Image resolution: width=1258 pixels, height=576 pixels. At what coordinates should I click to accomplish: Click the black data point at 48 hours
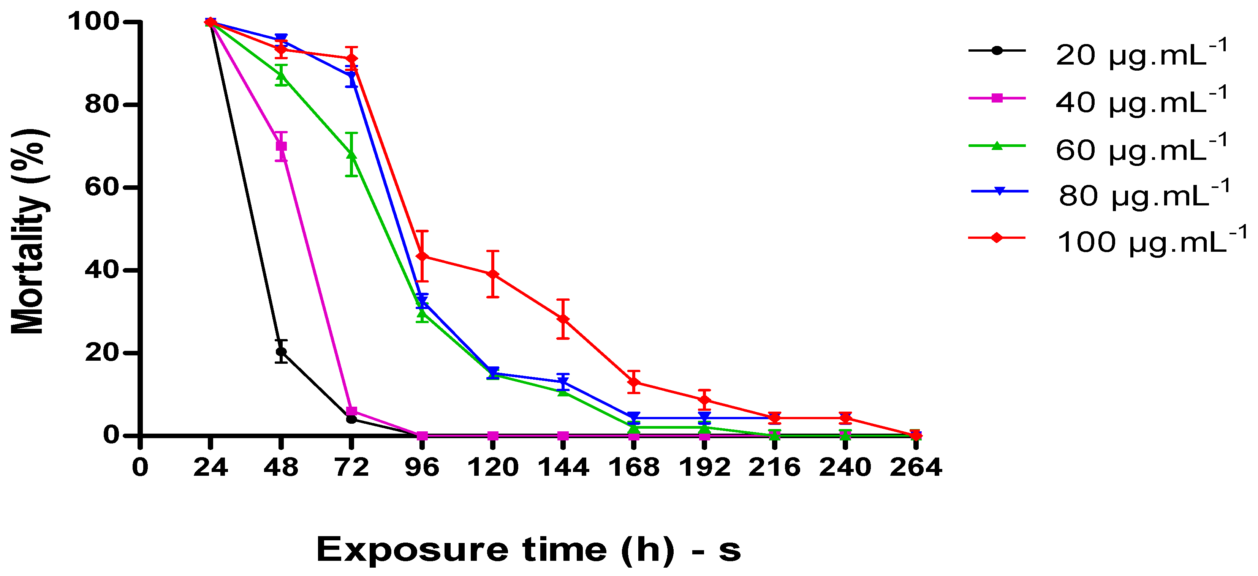[x=281, y=352]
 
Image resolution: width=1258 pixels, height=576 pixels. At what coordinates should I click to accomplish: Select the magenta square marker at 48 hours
[x=281, y=146]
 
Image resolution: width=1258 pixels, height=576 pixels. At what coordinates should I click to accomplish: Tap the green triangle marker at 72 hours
[x=351, y=154]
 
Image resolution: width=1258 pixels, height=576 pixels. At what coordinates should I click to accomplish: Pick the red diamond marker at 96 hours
[x=422, y=256]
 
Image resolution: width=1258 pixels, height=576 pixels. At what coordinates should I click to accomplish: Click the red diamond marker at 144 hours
[x=563, y=319]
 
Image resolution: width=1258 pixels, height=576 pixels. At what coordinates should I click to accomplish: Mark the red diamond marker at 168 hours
[x=634, y=382]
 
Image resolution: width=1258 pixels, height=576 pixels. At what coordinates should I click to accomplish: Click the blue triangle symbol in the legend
[x=999, y=191]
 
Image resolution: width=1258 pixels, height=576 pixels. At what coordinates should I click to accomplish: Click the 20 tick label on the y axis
[x=102, y=352]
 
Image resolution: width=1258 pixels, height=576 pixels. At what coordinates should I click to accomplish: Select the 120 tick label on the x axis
[x=493, y=467]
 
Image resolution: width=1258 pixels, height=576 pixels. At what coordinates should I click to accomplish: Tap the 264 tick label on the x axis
[x=915, y=467]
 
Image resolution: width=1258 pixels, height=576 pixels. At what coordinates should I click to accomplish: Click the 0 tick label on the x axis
[x=140, y=467]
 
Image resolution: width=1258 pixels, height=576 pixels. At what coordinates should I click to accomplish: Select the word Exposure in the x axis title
[x=413, y=550]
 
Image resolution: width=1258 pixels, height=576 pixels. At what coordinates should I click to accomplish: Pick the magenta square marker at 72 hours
[x=351, y=411]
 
